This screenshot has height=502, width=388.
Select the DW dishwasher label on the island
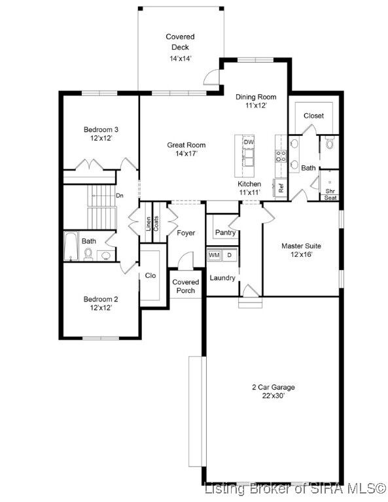click(248, 142)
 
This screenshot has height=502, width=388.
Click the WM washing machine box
click(214, 255)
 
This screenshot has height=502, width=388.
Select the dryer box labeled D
click(229, 255)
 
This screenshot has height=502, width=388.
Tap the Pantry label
click(225, 233)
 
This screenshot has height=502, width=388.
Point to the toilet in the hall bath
click(88, 255)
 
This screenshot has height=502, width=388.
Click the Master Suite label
click(301, 246)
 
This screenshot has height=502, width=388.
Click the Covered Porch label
click(186, 286)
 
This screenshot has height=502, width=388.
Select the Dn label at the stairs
click(120, 195)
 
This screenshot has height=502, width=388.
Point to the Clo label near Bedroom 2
click(150, 276)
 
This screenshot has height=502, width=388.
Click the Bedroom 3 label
click(101, 129)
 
